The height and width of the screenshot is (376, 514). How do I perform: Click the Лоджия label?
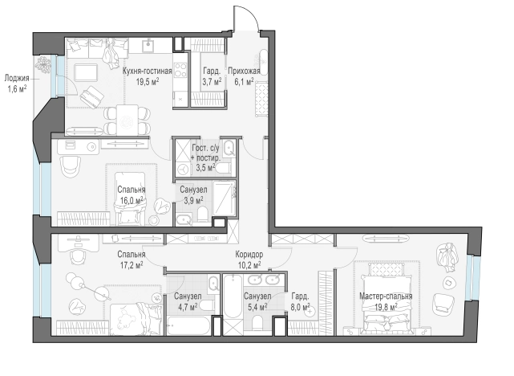point(17,79)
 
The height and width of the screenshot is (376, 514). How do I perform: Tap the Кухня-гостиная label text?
point(148,71)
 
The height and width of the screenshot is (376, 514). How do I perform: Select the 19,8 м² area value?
point(386,307)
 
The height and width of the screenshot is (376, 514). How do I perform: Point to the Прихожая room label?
point(244,71)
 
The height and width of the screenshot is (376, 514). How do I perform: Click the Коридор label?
point(249,255)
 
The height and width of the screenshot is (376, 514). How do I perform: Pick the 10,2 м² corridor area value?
point(249,265)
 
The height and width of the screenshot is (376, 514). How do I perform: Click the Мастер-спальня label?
point(386,296)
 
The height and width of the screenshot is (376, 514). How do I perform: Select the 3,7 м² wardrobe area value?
point(212,81)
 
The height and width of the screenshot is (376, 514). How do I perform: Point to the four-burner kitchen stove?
point(180,70)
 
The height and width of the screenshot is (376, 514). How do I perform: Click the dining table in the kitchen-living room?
point(127,120)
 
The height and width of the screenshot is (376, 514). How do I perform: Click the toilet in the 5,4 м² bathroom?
point(258,323)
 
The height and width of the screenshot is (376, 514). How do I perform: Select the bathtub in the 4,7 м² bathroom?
point(188,325)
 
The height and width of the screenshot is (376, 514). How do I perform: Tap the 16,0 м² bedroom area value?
point(132,200)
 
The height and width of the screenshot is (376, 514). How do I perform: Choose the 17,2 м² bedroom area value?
point(132,265)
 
